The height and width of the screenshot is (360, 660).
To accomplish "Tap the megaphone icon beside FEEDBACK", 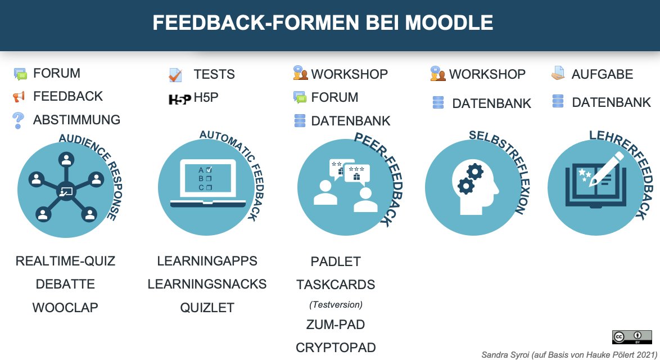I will tap(19, 97).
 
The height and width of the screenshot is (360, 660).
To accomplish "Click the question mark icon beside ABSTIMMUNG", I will tap(19, 119).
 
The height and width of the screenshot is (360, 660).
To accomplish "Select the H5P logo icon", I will tap(180, 99).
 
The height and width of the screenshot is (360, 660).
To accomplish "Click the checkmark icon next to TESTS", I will tap(175, 75).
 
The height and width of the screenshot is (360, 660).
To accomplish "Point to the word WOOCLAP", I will tap(65, 308).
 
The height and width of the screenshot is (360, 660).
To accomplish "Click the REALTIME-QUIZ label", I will tap(65, 261).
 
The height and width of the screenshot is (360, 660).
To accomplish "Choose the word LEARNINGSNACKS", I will tap(207, 284).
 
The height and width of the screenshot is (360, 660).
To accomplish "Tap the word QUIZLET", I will tap(207, 308).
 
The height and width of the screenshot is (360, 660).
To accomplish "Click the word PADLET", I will tap(336, 262).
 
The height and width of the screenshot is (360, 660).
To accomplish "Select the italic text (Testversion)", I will tap(336, 304).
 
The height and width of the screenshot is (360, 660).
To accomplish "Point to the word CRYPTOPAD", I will tap(336, 348).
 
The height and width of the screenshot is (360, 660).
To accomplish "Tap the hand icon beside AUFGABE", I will tap(558, 73).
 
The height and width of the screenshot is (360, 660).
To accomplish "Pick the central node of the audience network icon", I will tap(66, 191).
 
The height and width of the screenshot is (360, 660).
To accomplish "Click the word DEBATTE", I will tap(65, 284).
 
